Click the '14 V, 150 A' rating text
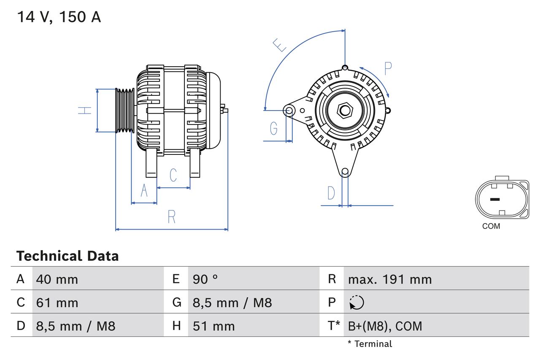coord(59,17)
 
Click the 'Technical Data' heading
coord(67,256)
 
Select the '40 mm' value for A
coord(57,279)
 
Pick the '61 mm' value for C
coord(57,303)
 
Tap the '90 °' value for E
coord(205,279)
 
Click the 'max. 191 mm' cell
coord(390,279)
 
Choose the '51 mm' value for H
coord(213,326)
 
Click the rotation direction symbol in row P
coord(356,303)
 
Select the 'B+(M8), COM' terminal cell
coord(385,326)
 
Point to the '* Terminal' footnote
coord(370,344)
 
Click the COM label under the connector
coord(491,226)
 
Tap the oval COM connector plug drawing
coord(502,199)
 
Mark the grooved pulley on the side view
coord(125,111)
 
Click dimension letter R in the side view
coord(171,217)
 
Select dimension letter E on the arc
coord(279,45)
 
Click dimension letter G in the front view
coord(274,128)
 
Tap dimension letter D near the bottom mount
coord(331,193)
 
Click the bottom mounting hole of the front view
coord(345,171)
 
